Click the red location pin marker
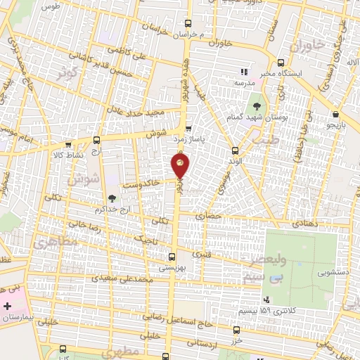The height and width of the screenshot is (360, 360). (180, 166)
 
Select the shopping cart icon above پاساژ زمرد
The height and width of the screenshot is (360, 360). (188, 129)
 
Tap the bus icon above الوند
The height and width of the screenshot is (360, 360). (235, 149)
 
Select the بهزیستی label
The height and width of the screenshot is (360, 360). (172, 267)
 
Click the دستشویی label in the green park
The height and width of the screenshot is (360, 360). (333, 270)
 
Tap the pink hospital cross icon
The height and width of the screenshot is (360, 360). (8, 307)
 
